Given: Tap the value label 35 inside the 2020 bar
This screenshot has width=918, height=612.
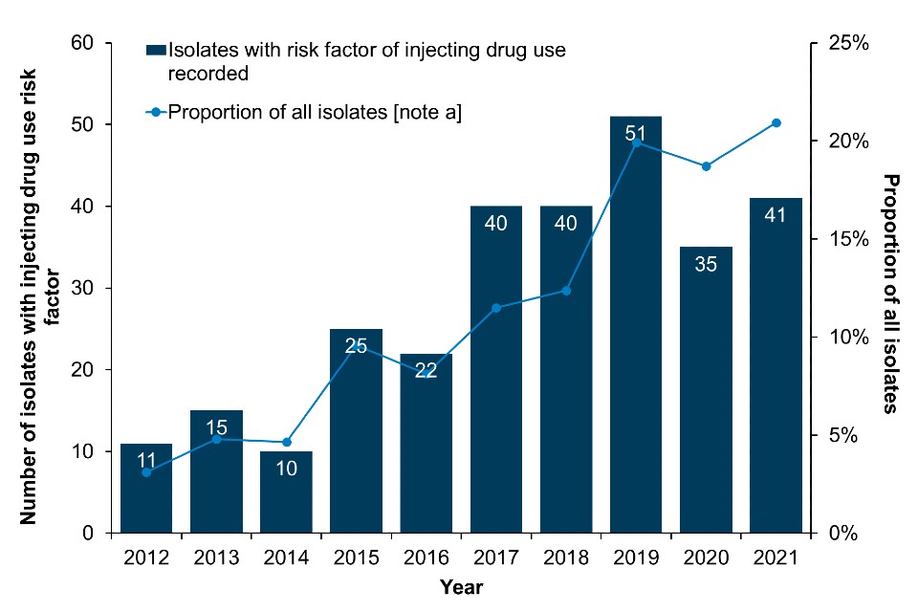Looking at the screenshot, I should point(706,265).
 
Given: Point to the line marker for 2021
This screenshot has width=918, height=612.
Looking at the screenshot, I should point(776,122).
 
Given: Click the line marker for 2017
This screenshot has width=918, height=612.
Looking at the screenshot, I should point(495,308).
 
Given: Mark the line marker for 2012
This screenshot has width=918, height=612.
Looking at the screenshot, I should point(146,472).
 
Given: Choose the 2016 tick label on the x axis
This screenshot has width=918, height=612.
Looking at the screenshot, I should point(426,557).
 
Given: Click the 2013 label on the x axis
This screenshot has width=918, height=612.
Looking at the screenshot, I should point(216,557).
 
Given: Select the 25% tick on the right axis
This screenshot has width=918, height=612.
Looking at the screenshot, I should point(846,43).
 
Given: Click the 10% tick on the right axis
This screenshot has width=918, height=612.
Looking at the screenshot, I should point(846,338).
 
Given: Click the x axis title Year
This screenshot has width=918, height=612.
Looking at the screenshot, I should point(461,585).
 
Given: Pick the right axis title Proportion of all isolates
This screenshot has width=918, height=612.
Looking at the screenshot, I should point(890,293).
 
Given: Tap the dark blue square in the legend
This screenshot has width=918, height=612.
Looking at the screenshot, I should point(155,51).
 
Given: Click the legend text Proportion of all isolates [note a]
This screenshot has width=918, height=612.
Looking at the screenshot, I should point(315,113).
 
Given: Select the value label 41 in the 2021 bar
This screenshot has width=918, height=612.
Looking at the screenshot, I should point(776,215).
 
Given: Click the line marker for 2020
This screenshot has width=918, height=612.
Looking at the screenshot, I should point(706,166).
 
